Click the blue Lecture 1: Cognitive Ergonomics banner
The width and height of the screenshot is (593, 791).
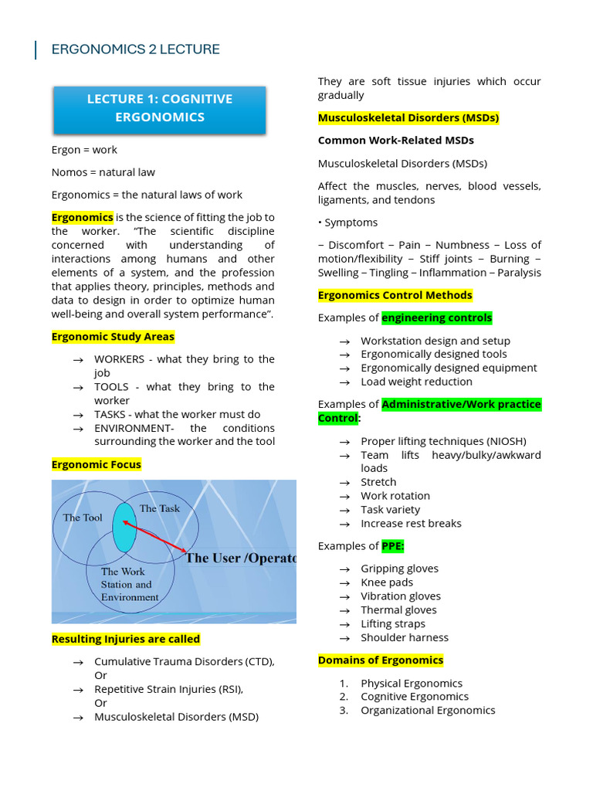(159, 108)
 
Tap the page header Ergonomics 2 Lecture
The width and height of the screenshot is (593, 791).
(135, 49)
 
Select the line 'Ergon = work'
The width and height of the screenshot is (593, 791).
(84, 149)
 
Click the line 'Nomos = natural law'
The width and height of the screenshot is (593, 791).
(103, 171)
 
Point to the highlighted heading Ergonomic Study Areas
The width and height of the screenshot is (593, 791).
(113, 337)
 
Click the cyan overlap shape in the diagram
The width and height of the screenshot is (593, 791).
(124, 528)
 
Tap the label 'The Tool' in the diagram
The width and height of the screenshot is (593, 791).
(83, 518)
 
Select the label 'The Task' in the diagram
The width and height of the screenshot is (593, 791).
(159, 508)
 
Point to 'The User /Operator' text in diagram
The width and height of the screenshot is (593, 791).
(240, 558)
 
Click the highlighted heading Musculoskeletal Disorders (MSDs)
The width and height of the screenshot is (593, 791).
(408, 118)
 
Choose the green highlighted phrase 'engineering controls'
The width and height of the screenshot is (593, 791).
(436, 317)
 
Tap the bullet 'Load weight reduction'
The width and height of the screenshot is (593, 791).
(416, 382)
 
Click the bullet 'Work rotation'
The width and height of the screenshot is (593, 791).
(395, 496)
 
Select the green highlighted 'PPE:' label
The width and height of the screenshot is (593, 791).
(392, 546)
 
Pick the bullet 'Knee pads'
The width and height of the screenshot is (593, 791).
(387, 582)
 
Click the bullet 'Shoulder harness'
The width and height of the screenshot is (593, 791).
(404, 637)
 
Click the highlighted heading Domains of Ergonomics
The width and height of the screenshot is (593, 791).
(381, 660)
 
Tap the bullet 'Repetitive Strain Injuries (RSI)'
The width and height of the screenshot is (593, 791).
(168, 689)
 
